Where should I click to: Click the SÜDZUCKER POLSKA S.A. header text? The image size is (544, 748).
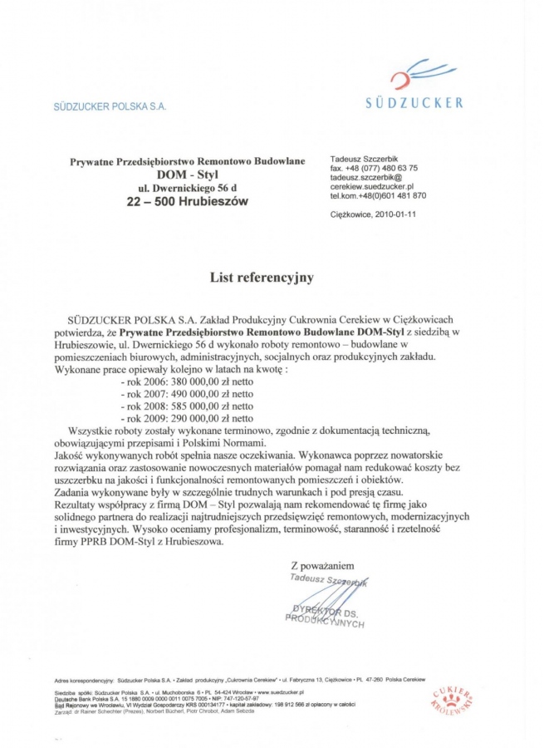[110, 106]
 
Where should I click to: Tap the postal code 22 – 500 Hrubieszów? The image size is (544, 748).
[187, 201]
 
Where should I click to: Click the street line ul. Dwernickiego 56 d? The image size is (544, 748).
[188, 187]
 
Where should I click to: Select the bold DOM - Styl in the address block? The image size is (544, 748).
[188, 174]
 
